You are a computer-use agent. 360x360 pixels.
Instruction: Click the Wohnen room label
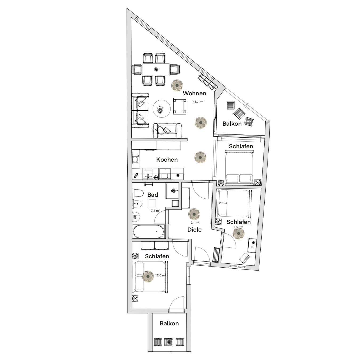point(195,93)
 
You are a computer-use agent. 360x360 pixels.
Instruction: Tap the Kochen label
point(167,159)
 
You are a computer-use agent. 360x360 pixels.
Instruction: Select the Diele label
point(195,230)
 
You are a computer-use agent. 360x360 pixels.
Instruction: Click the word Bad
point(153,195)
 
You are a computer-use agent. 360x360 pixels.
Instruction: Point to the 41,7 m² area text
point(198,102)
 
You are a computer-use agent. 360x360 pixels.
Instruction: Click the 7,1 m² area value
point(155,211)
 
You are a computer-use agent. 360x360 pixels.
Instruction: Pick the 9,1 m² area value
point(195,223)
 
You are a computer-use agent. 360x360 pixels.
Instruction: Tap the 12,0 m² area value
point(160,275)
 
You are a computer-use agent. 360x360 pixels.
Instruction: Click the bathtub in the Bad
point(148,231)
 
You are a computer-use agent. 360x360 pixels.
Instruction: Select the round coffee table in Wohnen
point(161,109)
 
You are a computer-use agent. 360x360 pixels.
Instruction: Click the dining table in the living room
point(156,69)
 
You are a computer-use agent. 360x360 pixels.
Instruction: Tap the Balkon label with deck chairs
point(232,124)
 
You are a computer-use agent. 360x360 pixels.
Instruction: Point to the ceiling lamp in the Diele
point(194,214)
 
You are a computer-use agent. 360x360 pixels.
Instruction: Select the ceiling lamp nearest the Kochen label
point(200,157)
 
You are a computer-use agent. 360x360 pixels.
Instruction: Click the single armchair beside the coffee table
point(180,106)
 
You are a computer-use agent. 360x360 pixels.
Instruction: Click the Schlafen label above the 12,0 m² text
point(157,256)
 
